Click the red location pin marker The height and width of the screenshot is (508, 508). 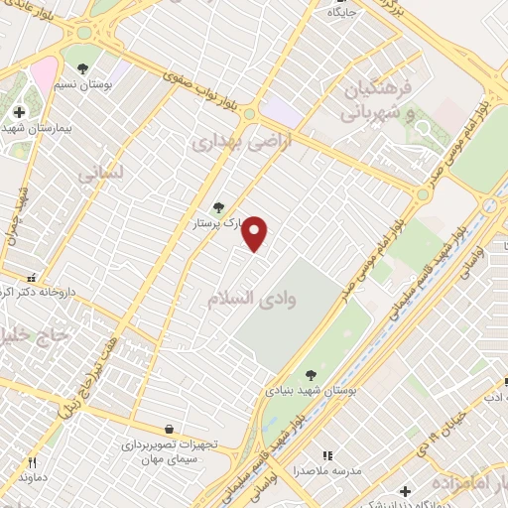pyautogui.click(x=256, y=233)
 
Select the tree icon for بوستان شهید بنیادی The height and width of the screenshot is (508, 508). pyautogui.click(x=312, y=374)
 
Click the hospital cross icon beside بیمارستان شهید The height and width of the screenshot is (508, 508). pyautogui.click(x=20, y=111)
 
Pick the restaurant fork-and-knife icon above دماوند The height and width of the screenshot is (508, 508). pyautogui.click(x=32, y=462)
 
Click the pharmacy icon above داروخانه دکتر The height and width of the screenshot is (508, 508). pyautogui.click(x=33, y=279)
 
